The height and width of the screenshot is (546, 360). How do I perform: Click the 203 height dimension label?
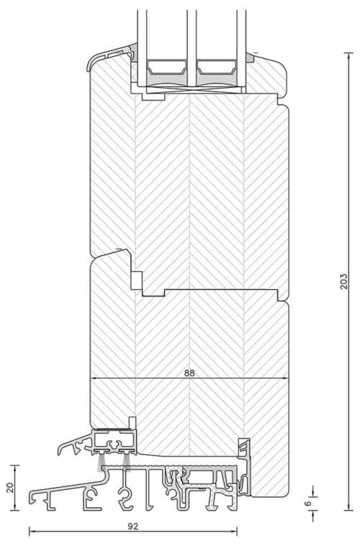click(x=343, y=281)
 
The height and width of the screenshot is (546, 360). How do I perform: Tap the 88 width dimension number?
click(x=189, y=373)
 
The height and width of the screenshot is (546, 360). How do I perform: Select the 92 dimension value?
click(x=132, y=526)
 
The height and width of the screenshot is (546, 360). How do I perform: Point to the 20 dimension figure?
click(x=10, y=488)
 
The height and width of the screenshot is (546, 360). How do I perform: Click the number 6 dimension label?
click(x=307, y=503)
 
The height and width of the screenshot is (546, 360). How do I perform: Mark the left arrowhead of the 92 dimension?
click(x=32, y=532)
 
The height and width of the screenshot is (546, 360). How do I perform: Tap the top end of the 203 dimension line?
click(x=348, y=53)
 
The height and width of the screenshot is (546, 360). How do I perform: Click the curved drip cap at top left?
click(x=104, y=57)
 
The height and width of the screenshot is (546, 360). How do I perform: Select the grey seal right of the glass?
click(x=250, y=57)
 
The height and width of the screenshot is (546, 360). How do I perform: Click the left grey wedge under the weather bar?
click(x=101, y=463)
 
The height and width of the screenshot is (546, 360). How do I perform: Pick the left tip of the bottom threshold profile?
click(x=30, y=499)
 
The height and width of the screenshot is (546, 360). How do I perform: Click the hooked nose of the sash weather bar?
click(x=60, y=452)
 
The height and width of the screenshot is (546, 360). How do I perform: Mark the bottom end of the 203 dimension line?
click(x=348, y=510)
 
